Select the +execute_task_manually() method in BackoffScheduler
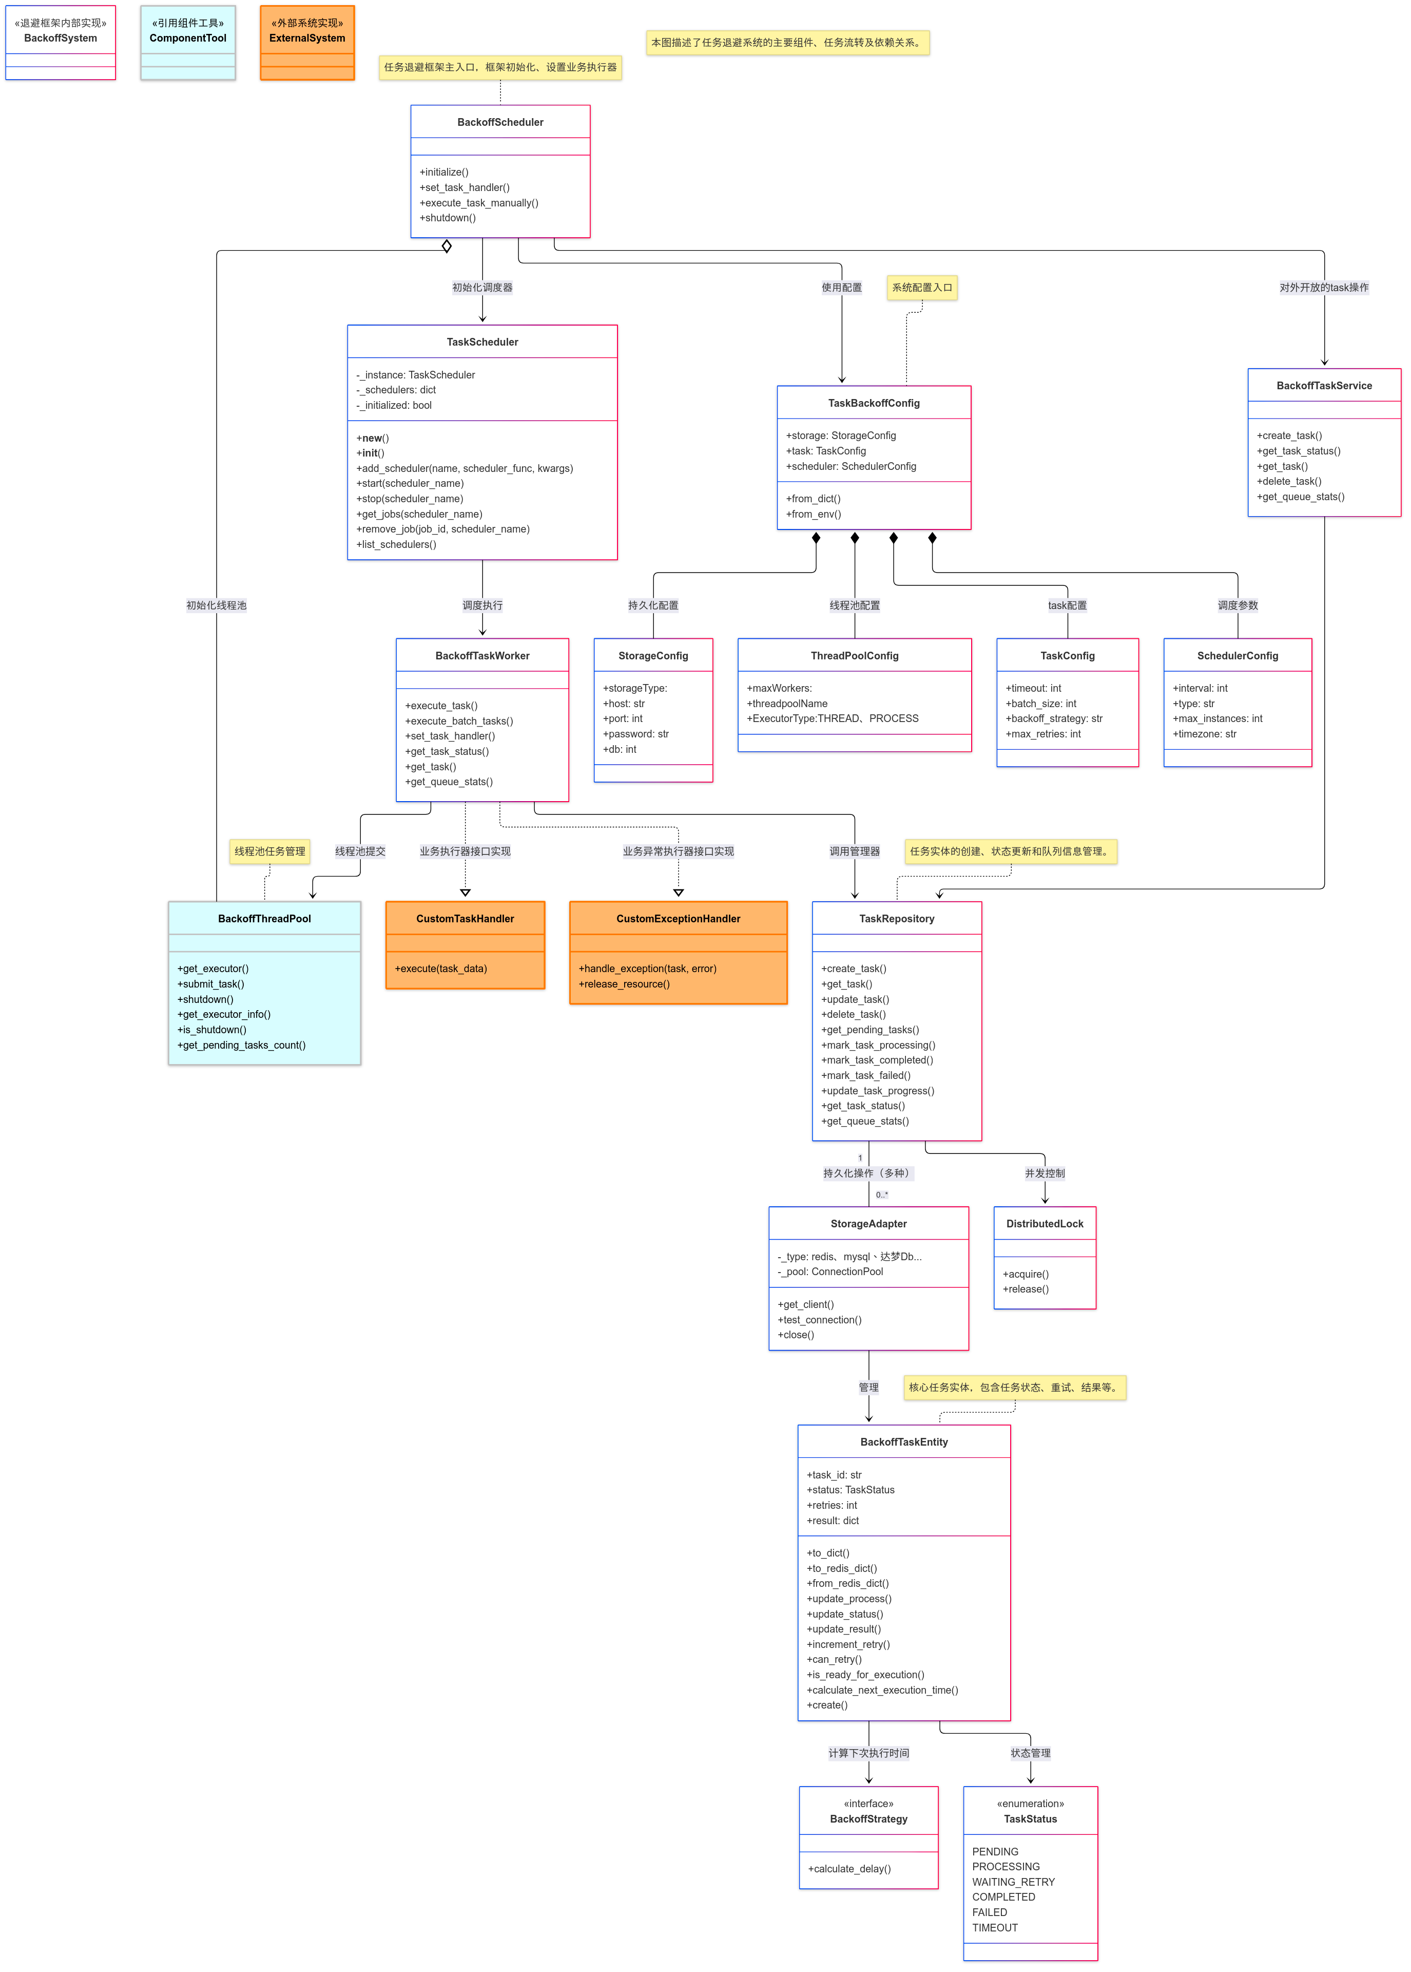[479, 202]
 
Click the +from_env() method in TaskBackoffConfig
[813, 515]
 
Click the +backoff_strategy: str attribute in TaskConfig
[1053, 719]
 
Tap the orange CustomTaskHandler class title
[465, 919]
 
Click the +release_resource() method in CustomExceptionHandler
[624, 984]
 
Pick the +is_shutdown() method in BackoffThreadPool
[212, 1030]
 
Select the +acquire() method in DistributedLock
[1025, 1274]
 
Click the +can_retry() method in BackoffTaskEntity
[834, 1659]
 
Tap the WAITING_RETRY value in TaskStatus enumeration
[1013, 1882]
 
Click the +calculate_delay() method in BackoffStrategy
[849, 1869]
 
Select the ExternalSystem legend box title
[307, 38]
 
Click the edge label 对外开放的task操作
[1323, 288]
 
